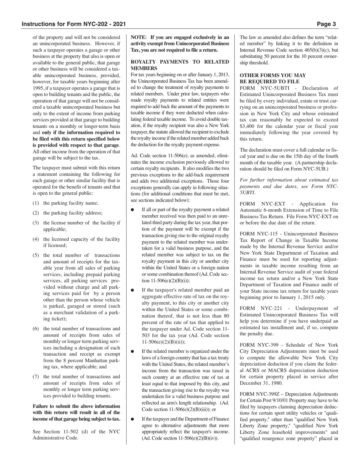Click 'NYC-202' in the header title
(x=92, y=24)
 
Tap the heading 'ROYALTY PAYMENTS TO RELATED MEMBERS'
(x=180, y=65)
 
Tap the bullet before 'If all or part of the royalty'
(x=133, y=210)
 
